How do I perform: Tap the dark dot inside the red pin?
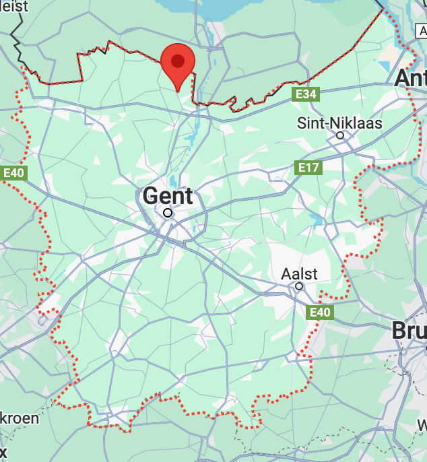click(x=178, y=61)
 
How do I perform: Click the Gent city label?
click(x=168, y=196)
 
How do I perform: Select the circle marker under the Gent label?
click(x=168, y=213)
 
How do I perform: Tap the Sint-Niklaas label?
click(x=340, y=123)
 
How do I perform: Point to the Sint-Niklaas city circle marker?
click(x=340, y=135)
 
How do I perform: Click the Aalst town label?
click(x=300, y=274)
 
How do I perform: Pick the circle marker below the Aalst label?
click(x=299, y=286)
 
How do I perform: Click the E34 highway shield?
click(x=306, y=94)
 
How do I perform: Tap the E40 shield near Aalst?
click(x=320, y=312)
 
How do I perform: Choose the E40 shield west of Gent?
click(x=13, y=173)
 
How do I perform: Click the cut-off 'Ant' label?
click(x=410, y=77)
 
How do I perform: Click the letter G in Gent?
click(x=151, y=196)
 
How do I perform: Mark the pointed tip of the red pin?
click(x=178, y=91)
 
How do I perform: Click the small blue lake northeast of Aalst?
click(x=316, y=219)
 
